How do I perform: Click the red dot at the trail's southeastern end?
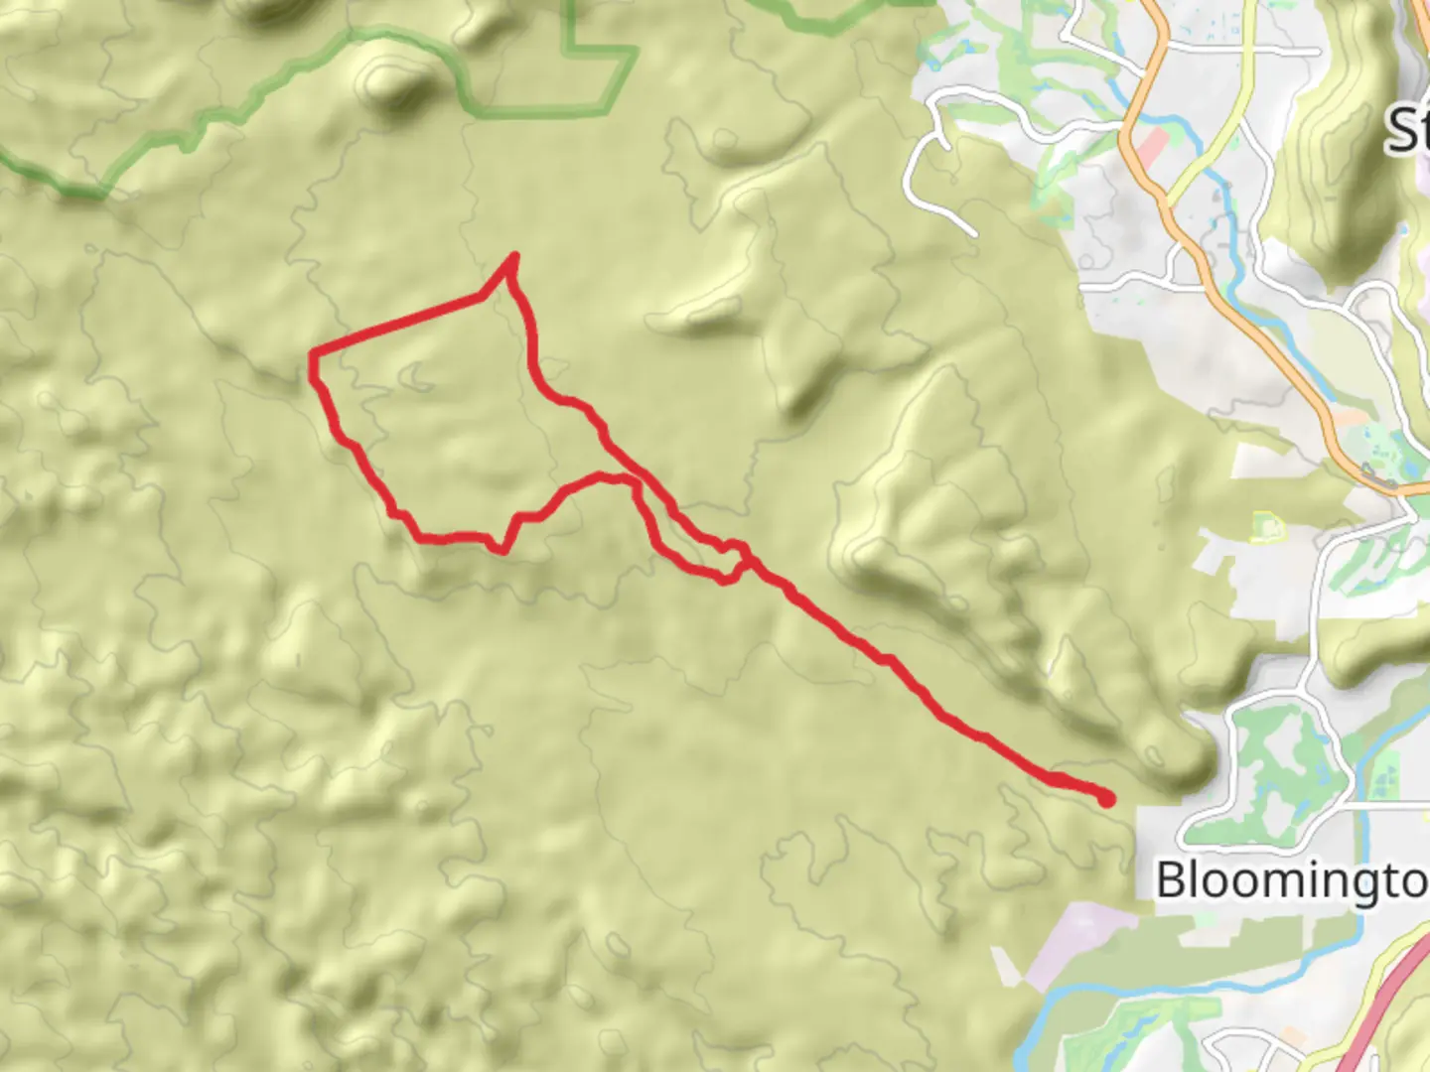click(1106, 798)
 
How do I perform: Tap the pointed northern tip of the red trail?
click(513, 257)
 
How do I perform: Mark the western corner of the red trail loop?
click(314, 354)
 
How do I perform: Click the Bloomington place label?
click(1291, 880)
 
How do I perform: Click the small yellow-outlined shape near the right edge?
click(1267, 525)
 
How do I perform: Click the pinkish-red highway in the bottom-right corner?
click(1390, 1012)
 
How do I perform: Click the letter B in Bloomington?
click(1172, 880)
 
